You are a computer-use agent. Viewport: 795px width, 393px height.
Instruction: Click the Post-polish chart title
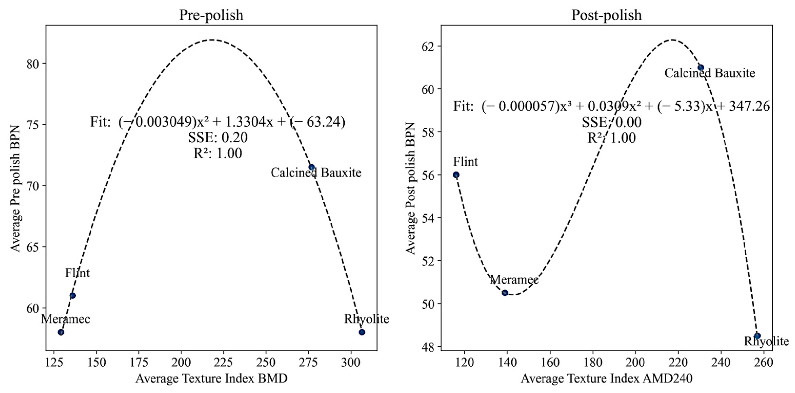pos(606,15)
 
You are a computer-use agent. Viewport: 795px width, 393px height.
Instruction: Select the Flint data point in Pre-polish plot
pos(72,295)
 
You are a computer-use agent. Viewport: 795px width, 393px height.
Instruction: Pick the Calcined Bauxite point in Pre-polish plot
pos(312,167)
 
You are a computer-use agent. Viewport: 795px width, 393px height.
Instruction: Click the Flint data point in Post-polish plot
pos(456,175)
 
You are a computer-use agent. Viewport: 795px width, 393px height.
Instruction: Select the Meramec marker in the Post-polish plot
pos(505,293)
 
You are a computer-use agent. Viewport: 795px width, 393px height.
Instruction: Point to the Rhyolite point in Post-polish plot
pos(757,336)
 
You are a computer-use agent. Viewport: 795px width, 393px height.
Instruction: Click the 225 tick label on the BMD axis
pos(223,363)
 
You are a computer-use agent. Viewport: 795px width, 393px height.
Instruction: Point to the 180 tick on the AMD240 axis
pos(593,363)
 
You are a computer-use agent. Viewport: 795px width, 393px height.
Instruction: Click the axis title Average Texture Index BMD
pos(211,378)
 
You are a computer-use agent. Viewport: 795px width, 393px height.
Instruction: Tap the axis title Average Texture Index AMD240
pos(606,378)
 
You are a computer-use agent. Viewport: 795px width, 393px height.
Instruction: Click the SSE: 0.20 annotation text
pos(218,138)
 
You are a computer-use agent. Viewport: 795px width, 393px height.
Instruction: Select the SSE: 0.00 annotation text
pos(611,122)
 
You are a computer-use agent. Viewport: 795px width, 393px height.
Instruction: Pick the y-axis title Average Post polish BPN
pos(411,188)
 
